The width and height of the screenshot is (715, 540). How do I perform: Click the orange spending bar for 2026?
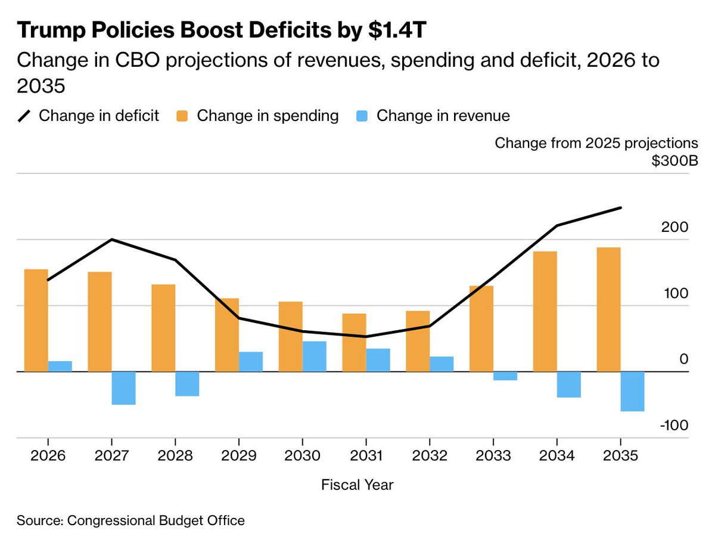[x=36, y=320]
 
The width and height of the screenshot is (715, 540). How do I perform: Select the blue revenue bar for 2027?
[x=123, y=388]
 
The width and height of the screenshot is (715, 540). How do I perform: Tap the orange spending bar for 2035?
[x=608, y=309]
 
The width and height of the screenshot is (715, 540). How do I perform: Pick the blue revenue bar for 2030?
[x=314, y=356]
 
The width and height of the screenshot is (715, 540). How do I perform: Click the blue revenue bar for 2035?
[x=632, y=391]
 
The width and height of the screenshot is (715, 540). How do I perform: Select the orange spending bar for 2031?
[x=354, y=342]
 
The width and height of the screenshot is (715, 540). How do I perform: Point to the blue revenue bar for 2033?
[x=505, y=375]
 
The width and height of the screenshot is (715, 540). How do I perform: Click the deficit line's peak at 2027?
[x=111, y=240]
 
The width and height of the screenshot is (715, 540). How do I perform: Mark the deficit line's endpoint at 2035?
[x=621, y=207]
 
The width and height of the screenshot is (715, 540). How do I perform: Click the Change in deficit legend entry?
[x=89, y=115]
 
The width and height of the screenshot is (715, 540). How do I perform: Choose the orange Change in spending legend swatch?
[x=183, y=116]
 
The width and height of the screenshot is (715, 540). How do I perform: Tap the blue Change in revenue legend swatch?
[x=363, y=116]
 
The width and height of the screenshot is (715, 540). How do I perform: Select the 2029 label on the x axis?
[x=238, y=456]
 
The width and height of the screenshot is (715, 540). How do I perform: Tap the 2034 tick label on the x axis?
[x=557, y=456]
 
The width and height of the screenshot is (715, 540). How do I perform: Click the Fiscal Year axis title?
[x=357, y=485]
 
